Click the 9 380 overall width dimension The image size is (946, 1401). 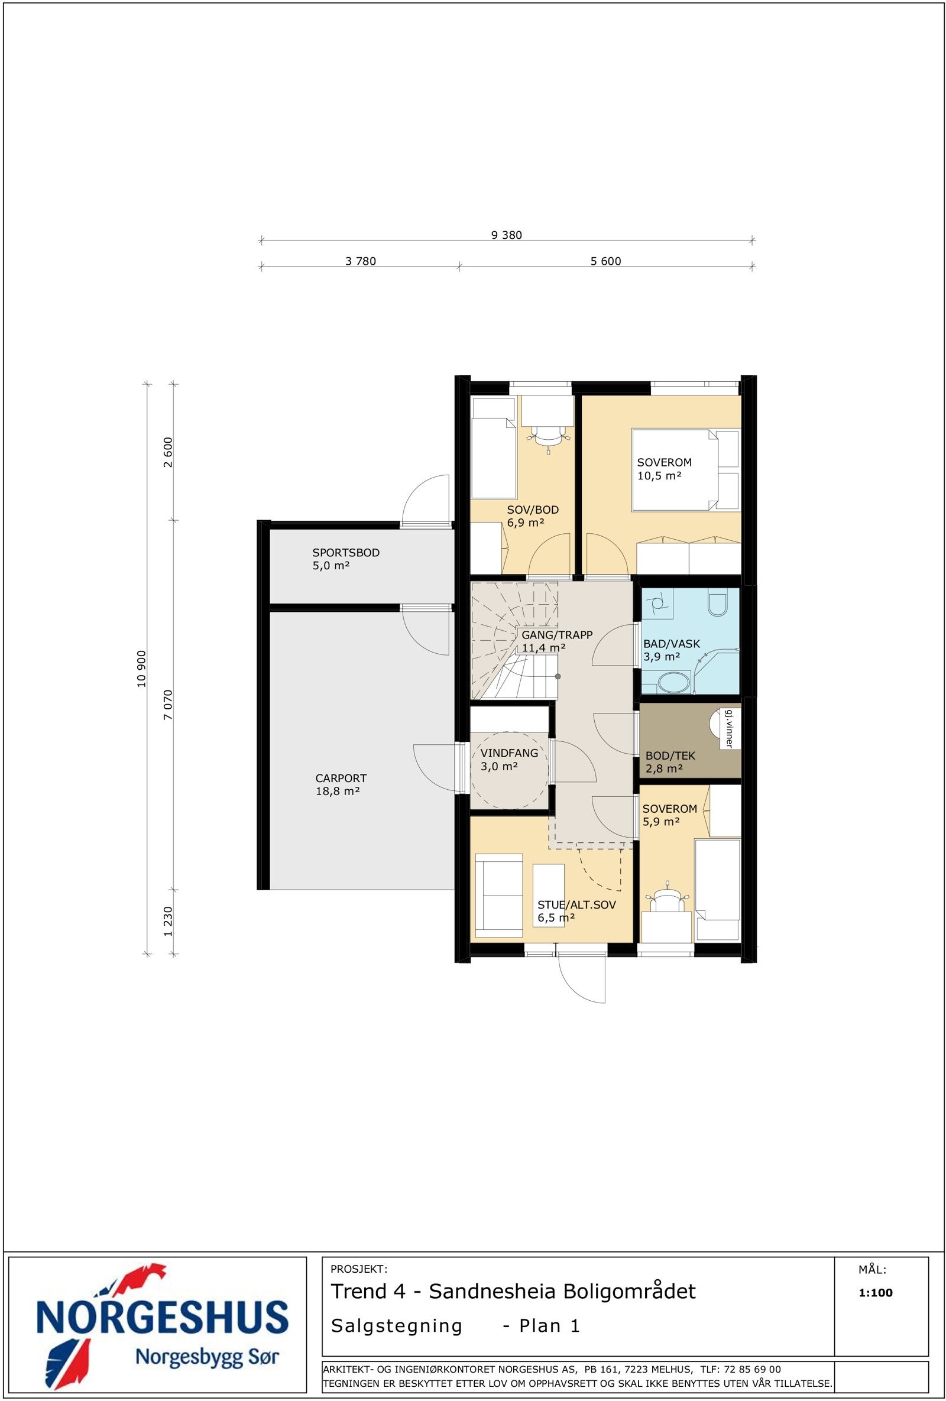pyautogui.click(x=507, y=235)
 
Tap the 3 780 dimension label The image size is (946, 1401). pyautogui.click(x=361, y=261)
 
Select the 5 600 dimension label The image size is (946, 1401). pyautogui.click(x=605, y=261)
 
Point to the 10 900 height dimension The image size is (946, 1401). pyautogui.click(x=142, y=669)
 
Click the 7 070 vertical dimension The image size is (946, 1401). pyautogui.click(x=169, y=705)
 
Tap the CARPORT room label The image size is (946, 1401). pyautogui.click(x=341, y=779)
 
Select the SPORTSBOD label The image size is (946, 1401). pyautogui.click(x=345, y=552)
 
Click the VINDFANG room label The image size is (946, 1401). pyautogui.click(x=509, y=753)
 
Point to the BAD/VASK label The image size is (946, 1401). pyautogui.click(x=672, y=644)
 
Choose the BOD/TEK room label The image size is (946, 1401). pyautogui.click(x=670, y=756)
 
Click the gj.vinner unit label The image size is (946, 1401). pyautogui.click(x=729, y=729)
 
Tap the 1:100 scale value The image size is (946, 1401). pyautogui.click(x=876, y=1292)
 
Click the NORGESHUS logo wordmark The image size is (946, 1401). pyautogui.click(x=163, y=1317)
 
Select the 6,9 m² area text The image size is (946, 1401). pyautogui.click(x=526, y=523)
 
